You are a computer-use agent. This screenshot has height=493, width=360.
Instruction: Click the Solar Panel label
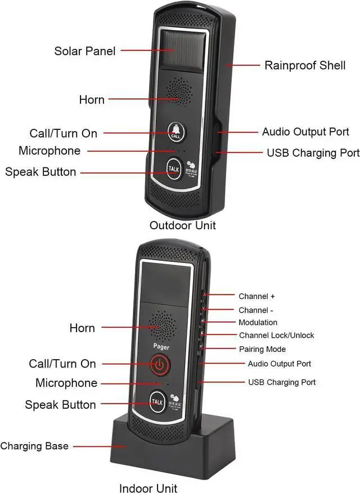click(85, 51)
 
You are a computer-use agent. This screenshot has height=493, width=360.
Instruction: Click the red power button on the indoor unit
click(160, 365)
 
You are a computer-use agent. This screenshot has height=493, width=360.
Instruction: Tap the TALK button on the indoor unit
click(158, 401)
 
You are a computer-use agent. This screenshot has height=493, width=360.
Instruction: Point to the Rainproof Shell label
click(305, 65)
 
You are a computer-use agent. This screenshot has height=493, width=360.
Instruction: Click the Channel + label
click(256, 296)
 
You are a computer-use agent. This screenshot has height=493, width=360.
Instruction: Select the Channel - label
click(256, 310)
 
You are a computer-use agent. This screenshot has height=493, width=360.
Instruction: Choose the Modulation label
click(258, 323)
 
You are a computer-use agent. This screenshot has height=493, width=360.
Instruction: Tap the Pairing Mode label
click(262, 349)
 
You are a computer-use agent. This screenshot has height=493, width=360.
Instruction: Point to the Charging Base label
click(34, 446)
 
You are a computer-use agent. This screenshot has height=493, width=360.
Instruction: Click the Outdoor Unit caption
click(183, 225)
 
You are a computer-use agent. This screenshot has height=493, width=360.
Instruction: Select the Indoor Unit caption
click(148, 487)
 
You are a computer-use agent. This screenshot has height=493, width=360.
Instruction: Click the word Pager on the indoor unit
click(161, 347)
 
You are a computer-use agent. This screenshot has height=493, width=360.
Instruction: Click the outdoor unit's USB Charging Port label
click(313, 152)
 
